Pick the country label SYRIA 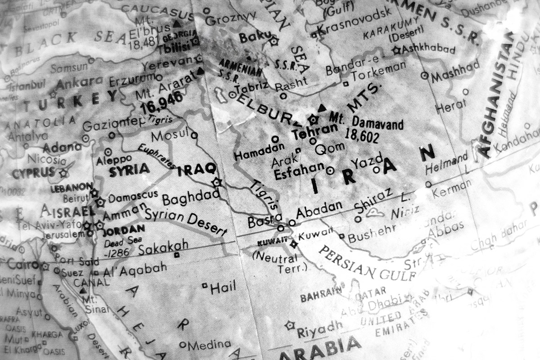point(129,170)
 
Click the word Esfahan point(299,172)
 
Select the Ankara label point(80,83)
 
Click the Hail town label point(223,288)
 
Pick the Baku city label point(255,37)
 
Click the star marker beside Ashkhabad point(396,50)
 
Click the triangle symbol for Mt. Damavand point(321,108)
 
